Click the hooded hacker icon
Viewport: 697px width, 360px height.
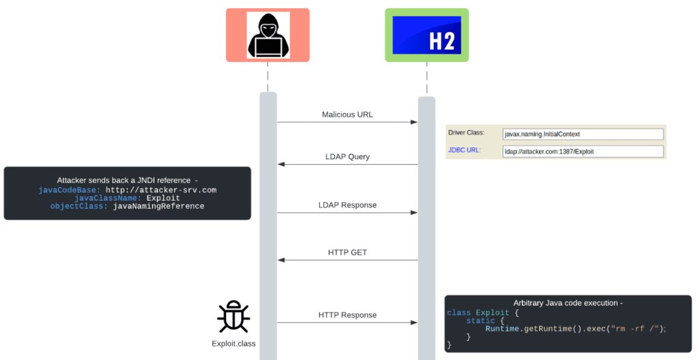click(x=268, y=35)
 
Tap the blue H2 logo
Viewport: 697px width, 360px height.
click(x=427, y=35)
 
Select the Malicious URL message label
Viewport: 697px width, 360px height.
click(x=347, y=114)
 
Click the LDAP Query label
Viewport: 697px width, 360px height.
click(x=347, y=157)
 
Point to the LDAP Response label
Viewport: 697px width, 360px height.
click(x=347, y=205)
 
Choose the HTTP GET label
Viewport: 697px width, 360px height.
click(x=347, y=252)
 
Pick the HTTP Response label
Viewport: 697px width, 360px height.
click(x=347, y=315)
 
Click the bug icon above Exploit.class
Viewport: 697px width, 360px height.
click(x=233, y=316)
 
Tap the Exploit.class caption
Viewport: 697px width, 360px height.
click(x=233, y=344)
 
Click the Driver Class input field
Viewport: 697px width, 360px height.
click(x=583, y=134)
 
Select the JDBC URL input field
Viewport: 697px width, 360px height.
click(x=583, y=151)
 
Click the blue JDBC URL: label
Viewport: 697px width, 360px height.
click(x=464, y=150)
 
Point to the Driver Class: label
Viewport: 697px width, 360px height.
click(x=466, y=133)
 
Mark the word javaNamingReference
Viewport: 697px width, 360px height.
click(x=159, y=206)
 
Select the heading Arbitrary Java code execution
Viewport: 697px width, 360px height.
click(x=568, y=303)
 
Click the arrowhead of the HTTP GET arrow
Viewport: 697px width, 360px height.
click(x=280, y=260)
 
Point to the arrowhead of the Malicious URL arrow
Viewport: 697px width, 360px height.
click(x=414, y=122)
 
